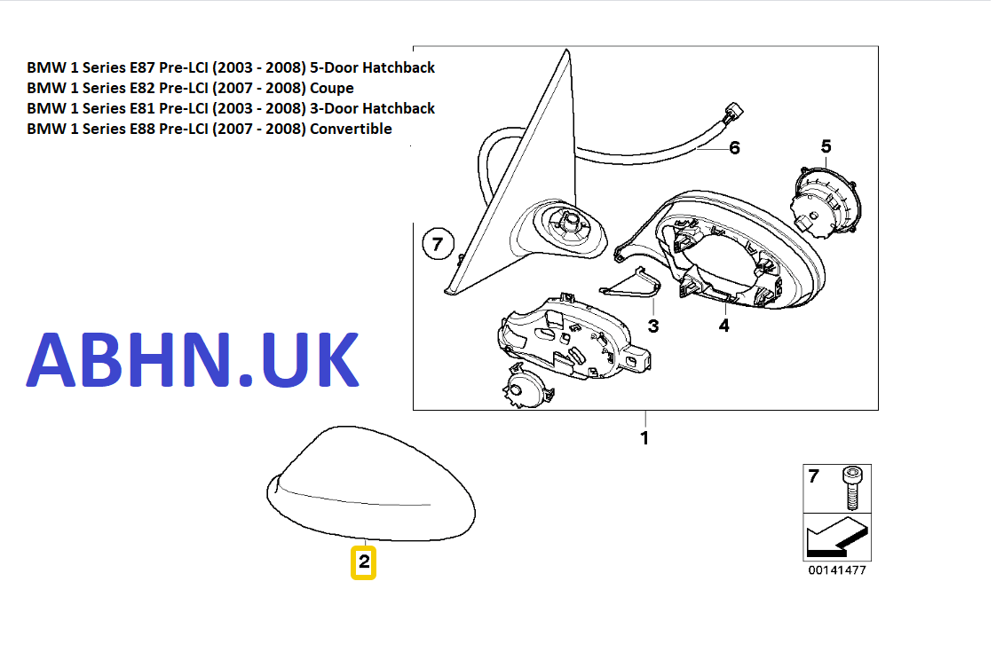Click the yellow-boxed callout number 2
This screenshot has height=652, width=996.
click(364, 562)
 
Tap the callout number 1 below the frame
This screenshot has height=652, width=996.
click(644, 438)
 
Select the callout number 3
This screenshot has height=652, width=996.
click(653, 326)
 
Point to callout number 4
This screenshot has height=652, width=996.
click(723, 326)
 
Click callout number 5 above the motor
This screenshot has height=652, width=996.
click(826, 146)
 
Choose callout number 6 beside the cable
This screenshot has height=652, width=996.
click(734, 148)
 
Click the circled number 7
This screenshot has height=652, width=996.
click(437, 243)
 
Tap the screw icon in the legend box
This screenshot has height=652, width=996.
click(851, 488)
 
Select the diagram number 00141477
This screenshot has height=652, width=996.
click(836, 570)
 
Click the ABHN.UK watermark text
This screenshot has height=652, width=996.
click(193, 359)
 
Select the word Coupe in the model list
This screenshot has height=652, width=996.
click(331, 88)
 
